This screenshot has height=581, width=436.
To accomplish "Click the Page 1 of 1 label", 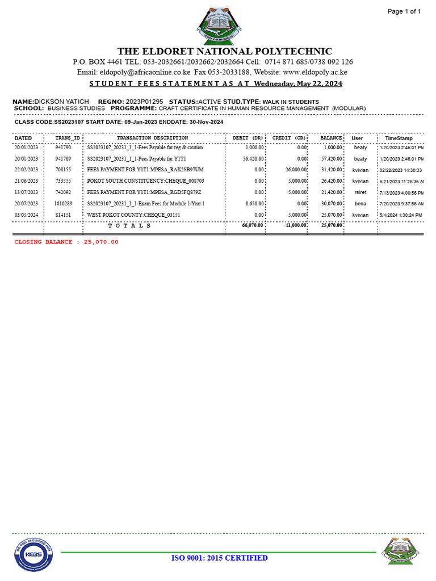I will pos(404,11).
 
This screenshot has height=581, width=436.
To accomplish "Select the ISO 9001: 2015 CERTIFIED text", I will pos(219,558).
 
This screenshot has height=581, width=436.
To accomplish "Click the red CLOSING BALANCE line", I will pos(66,242).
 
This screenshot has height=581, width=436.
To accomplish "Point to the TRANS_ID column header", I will pos(68,138).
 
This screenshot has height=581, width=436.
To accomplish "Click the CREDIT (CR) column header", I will pos(289,138).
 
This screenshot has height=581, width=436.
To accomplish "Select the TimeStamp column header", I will pos(399,138).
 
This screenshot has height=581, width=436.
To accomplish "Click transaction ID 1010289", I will pos(63,203).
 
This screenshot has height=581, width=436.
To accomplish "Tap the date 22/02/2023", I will pos(26,170).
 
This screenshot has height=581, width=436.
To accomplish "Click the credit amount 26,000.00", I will pos(296,170).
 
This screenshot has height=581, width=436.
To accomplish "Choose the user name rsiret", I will pos(360,192).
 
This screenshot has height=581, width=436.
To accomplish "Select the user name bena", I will pos(360,203).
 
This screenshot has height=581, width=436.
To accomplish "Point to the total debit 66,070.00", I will pos(252,225).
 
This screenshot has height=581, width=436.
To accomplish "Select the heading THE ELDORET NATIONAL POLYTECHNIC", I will pos(225,51).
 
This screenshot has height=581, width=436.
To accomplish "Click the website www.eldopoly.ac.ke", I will pos(315,72).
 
